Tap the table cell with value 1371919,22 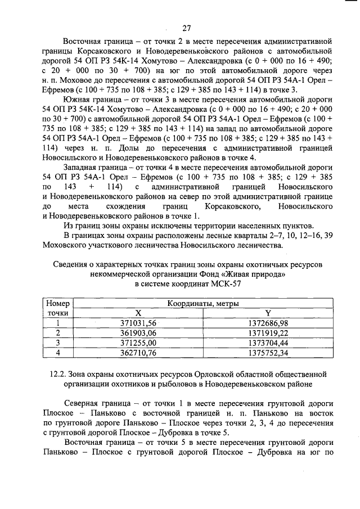268,332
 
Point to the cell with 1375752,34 268,353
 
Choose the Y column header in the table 268,313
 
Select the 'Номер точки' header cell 57,308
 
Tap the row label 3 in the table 57,343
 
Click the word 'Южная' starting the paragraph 79,102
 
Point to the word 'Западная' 83,168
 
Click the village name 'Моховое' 73,82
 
